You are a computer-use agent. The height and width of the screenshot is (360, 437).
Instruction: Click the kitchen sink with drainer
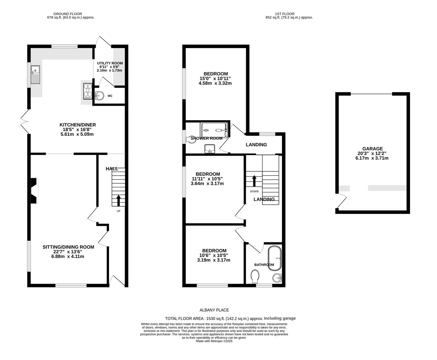pos(35,74)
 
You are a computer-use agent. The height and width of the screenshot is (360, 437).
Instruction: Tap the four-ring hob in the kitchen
pos(88,91)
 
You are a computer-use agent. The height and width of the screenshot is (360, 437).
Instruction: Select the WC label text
pos(110,96)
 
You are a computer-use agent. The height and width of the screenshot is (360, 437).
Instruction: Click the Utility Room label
pos(110,63)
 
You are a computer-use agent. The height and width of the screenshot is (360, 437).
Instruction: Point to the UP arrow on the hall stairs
pos(118,200)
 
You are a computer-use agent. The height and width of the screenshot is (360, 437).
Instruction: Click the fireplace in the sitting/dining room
pos(35,191)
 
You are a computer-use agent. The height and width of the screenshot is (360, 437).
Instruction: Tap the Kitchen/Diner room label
pos(78,125)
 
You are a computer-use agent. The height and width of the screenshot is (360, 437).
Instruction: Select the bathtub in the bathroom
pos(275,258)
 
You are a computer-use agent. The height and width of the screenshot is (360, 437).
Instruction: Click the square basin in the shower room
pos(209,149)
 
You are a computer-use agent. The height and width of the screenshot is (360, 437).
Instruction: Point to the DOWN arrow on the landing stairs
pos(254,181)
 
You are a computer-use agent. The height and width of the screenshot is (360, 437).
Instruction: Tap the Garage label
pos(373,149)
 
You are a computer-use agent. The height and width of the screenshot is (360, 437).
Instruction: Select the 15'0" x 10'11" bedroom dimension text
pos(215,79)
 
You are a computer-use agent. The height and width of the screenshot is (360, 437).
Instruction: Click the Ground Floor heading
pos(68,14)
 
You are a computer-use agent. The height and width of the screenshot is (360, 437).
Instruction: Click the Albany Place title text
pos(214,310)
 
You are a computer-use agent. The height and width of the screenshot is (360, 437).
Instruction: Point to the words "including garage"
pos(280,318)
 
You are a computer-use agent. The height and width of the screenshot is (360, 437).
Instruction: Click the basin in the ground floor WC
pos(100,96)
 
